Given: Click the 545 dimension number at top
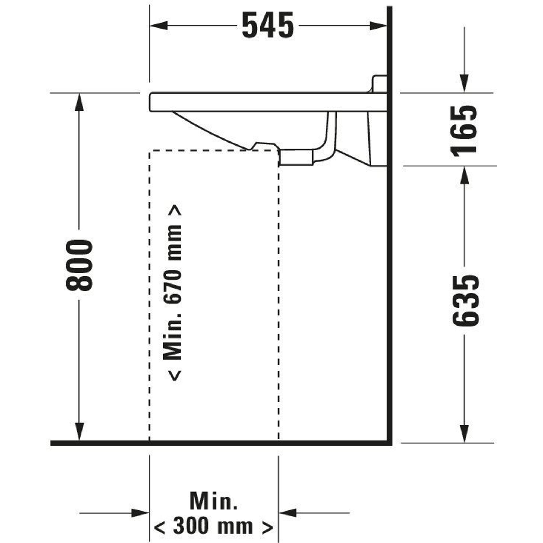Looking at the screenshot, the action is pyautogui.click(x=268, y=25).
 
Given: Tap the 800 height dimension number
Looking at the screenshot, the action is pyautogui.click(x=79, y=265).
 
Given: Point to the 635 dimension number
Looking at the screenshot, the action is pyautogui.click(x=465, y=301).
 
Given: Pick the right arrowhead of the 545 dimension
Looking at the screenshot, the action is pyautogui.click(x=378, y=26).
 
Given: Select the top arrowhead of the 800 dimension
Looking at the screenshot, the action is pyautogui.click(x=79, y=102).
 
